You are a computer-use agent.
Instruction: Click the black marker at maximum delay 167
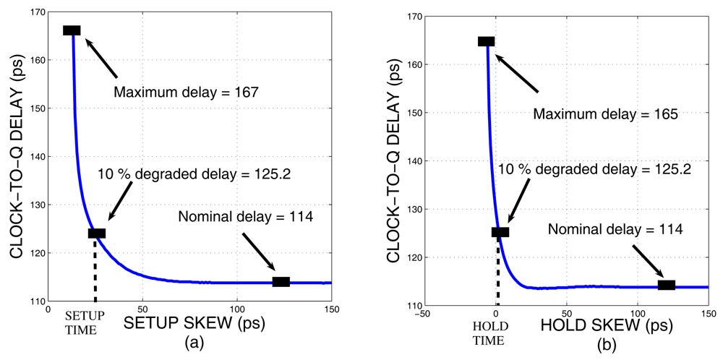pos(72,30)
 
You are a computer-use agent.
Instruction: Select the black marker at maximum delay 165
pos(486,41)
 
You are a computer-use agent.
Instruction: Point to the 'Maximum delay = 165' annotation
pos(605,114)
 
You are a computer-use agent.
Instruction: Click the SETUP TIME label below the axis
pos(85,323)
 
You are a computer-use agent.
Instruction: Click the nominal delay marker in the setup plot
pos(281,282)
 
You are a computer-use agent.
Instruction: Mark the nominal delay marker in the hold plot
pos(666,285)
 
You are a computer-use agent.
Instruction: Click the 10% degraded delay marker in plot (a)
pos(97,233)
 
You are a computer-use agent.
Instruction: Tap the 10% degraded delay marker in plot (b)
pos(500,232)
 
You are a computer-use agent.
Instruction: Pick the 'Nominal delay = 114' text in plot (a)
pos(245,215)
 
